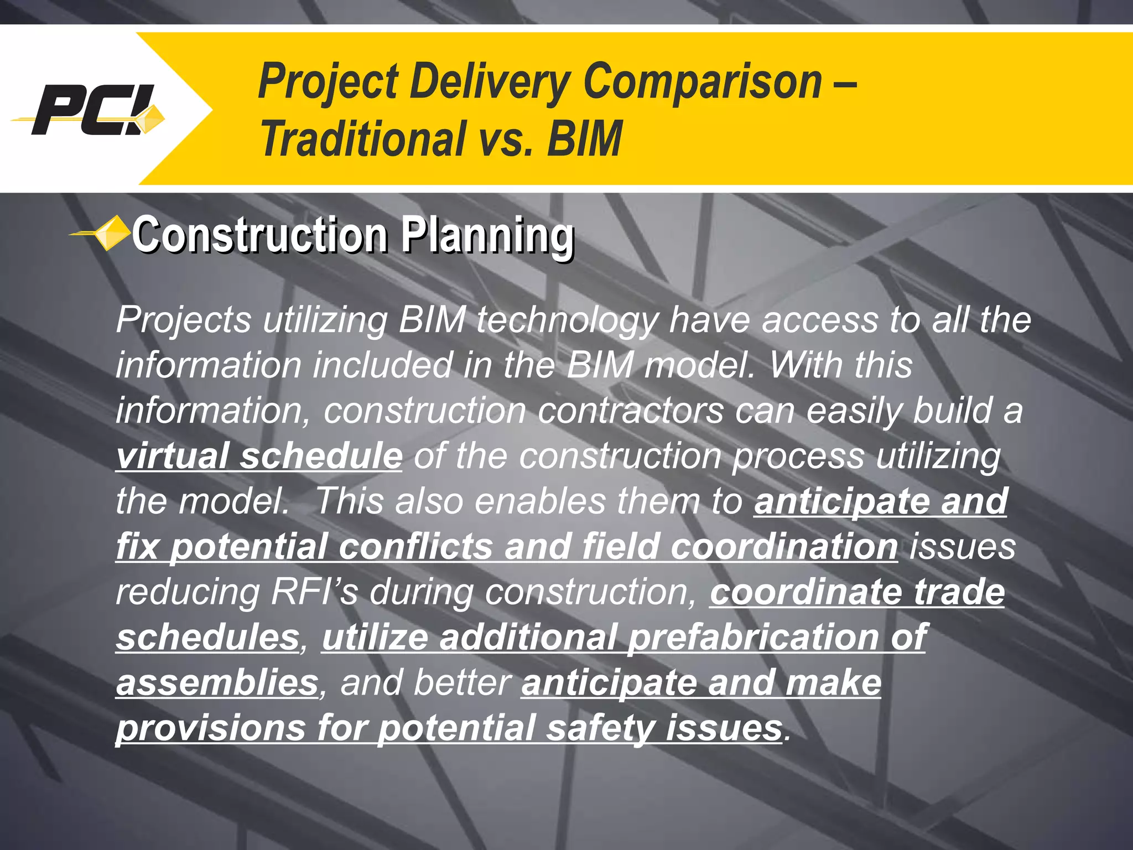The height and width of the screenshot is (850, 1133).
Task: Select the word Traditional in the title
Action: [363, 139]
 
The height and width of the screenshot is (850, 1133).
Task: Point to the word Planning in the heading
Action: [487, 235]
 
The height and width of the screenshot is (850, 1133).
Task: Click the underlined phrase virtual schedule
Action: [259, 456]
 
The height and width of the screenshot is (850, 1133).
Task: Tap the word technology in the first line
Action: [567, 320]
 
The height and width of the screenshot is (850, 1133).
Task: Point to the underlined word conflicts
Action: [415, 547]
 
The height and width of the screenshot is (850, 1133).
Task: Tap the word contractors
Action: [631, 411]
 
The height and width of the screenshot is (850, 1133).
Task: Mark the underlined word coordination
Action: [784, 547]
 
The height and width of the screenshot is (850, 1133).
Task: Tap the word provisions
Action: [211, 728]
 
